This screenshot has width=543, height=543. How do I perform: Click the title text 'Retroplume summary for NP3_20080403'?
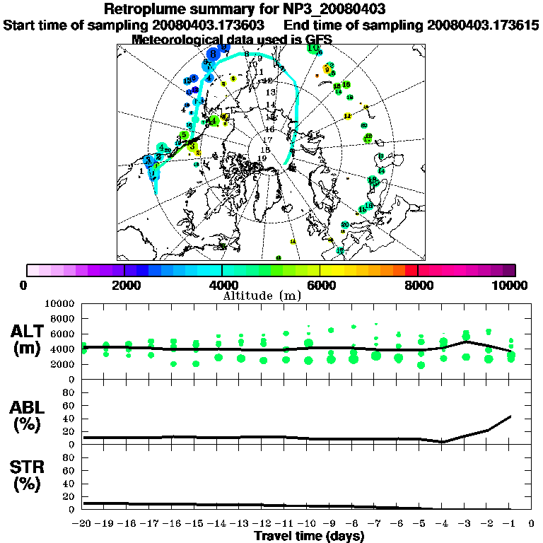[x=271, y=9]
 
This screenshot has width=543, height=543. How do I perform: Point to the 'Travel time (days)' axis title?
[x=309, y=536]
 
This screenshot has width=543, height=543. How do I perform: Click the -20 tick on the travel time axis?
[x=83, y=524]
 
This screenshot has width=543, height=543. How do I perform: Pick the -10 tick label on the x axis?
[x=308, y=524]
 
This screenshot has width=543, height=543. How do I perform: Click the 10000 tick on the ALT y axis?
[x=59, y=304]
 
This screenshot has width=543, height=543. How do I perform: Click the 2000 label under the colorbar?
[x=124, y=285]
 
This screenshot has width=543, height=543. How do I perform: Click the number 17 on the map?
[x=267, y=140]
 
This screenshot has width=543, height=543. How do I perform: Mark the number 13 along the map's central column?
[x=269, y=93]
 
